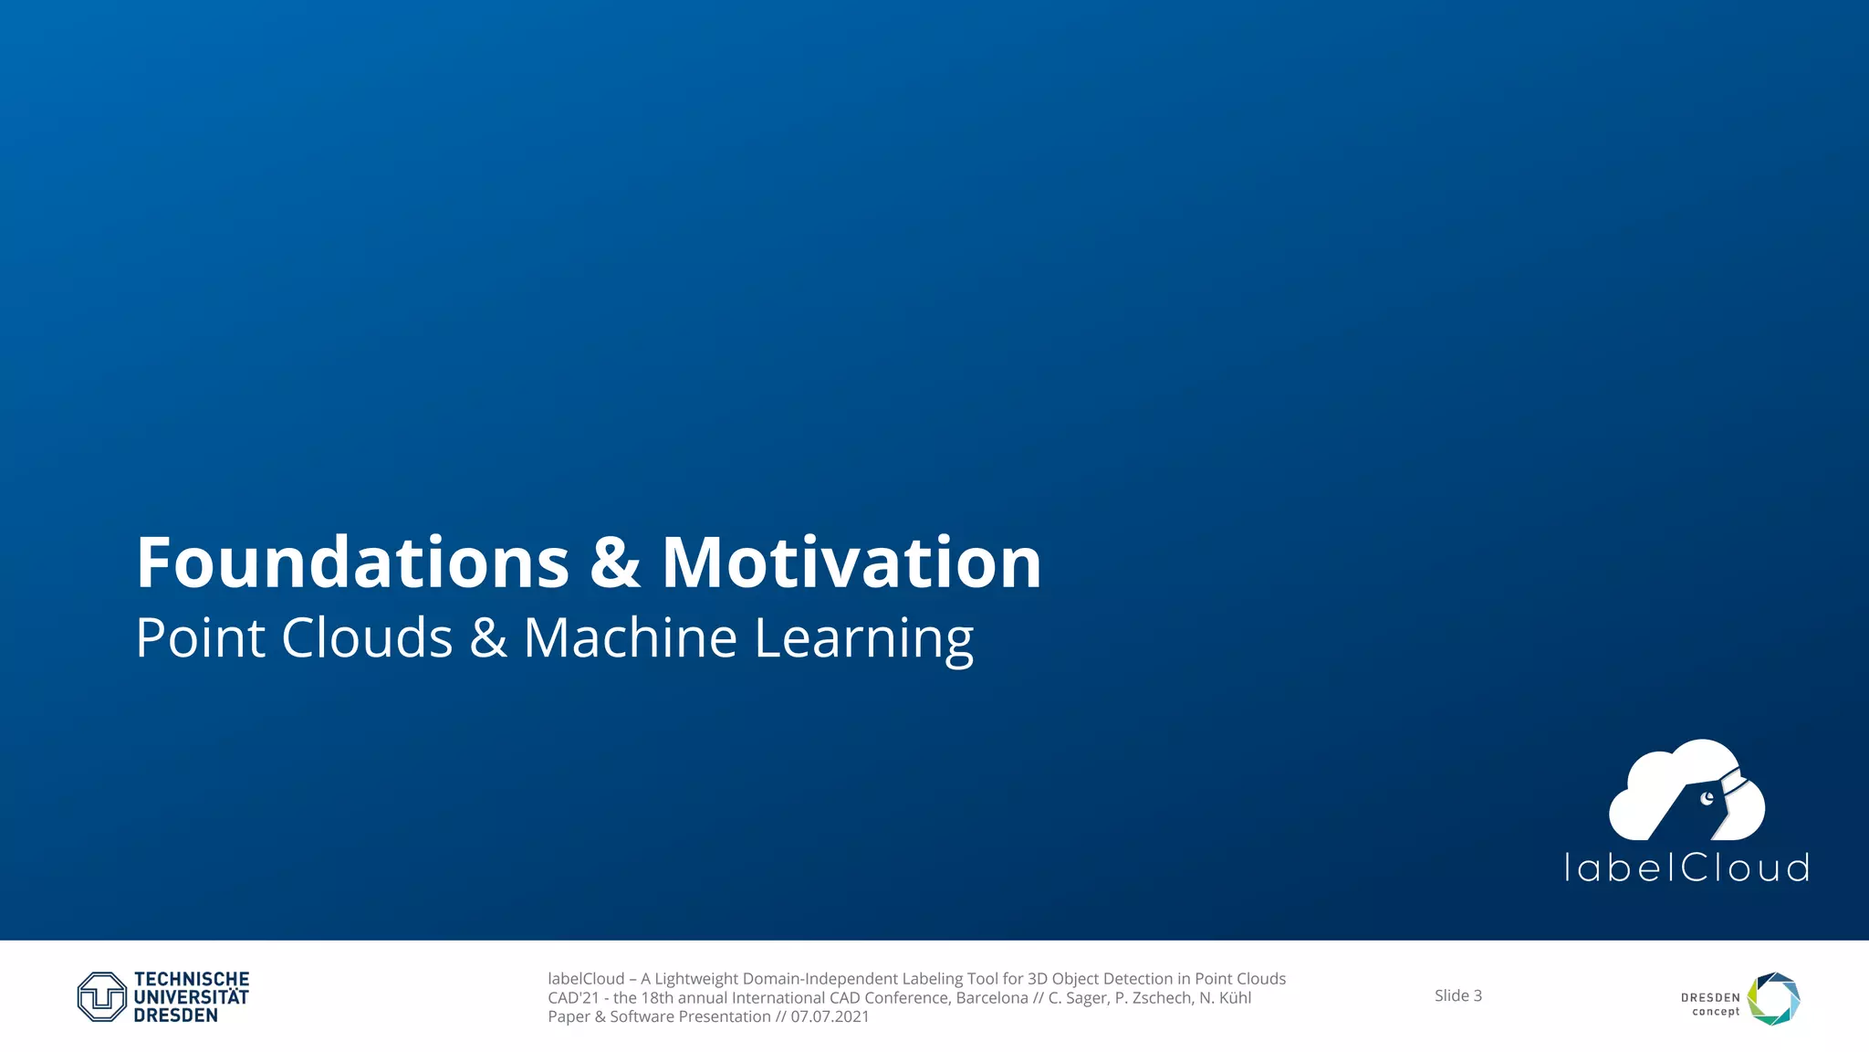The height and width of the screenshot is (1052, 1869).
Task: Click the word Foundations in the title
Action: [352, 563]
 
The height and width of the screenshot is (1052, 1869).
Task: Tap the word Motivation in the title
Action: [851, 563]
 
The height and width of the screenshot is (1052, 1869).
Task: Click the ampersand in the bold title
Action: [615, 563]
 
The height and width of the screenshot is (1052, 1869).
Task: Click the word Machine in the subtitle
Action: [630, 637]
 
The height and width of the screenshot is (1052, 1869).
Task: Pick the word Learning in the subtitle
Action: [863, 639]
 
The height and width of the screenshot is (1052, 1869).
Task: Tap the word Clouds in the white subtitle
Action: [367, 637]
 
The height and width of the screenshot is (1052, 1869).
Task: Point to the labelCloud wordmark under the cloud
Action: [1686, 868]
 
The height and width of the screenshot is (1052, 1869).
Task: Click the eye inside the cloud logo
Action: [1707, 799]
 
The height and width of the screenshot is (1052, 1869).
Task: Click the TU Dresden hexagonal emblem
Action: [101, 996]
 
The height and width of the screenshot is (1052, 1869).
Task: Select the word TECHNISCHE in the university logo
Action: [192, 979]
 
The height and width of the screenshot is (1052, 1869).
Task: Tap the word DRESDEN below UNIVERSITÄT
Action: [175, 1015]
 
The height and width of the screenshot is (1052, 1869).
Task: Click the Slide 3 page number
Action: [1457, 995]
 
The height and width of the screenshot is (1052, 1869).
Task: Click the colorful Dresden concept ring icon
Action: [1773, 998]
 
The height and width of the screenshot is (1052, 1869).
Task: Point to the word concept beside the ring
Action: [1715, 1012]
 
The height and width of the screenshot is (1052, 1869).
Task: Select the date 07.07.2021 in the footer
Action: [830, 1016]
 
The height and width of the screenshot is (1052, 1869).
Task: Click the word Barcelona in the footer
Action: [991, 997]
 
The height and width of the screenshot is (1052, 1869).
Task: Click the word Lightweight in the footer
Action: [695, 978]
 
